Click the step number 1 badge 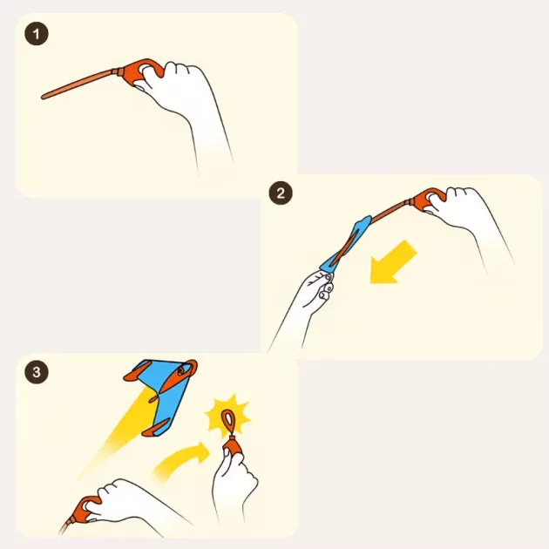(x=37, y=34)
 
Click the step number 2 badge (x=281, y=193)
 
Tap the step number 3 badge (x=37, y=372)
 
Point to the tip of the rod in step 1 (x=43, y=97)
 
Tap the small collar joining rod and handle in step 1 (x=119, y=71)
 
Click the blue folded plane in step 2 (x=345, y=244)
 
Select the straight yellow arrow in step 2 (x=393, y=262)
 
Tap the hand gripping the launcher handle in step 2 (x=465, y=217)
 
